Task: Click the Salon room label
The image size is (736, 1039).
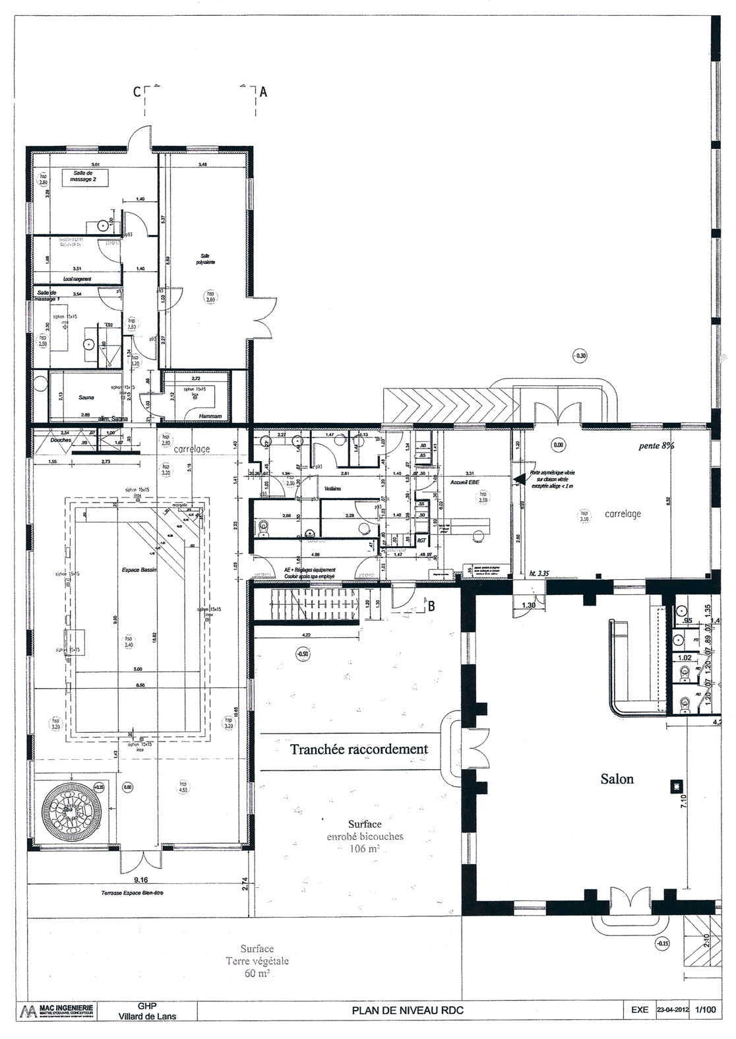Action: [x=617, y=779]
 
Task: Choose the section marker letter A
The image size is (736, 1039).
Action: [x=263, y=92]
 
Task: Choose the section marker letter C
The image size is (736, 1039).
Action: [x=137, y=92]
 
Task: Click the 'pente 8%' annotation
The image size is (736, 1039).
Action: [x=656, y=446]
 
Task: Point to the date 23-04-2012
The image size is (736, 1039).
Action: [x=674, y=1028]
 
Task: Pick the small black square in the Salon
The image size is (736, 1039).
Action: [x=675, y=784]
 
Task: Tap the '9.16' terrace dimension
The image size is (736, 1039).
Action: [x=137, y=879]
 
